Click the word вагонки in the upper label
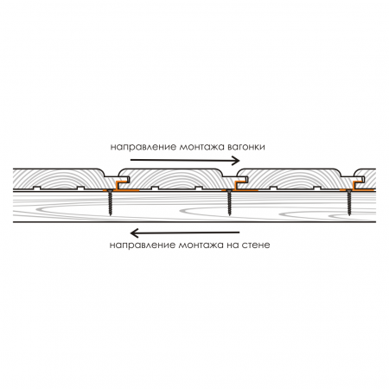(x=246, y=147)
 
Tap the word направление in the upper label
(x=143, y=148)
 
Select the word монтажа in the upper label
(x=201, y=147)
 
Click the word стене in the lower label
(x=256, y=246)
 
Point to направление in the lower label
(x=143, y=246)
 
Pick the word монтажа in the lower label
(x=201, y=246)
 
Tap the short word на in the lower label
(x=233, y=246)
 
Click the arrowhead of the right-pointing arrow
(x=236, y=161)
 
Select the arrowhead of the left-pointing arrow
(x=134, y=233)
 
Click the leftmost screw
(x=110, y=202)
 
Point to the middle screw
(x=229, y=202)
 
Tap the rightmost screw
(x=349, y=202)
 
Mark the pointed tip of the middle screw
(x=229, y=215)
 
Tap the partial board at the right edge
(x=366, y=179)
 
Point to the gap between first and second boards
(x=112, y=173)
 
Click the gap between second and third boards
(x=231, y=173)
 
